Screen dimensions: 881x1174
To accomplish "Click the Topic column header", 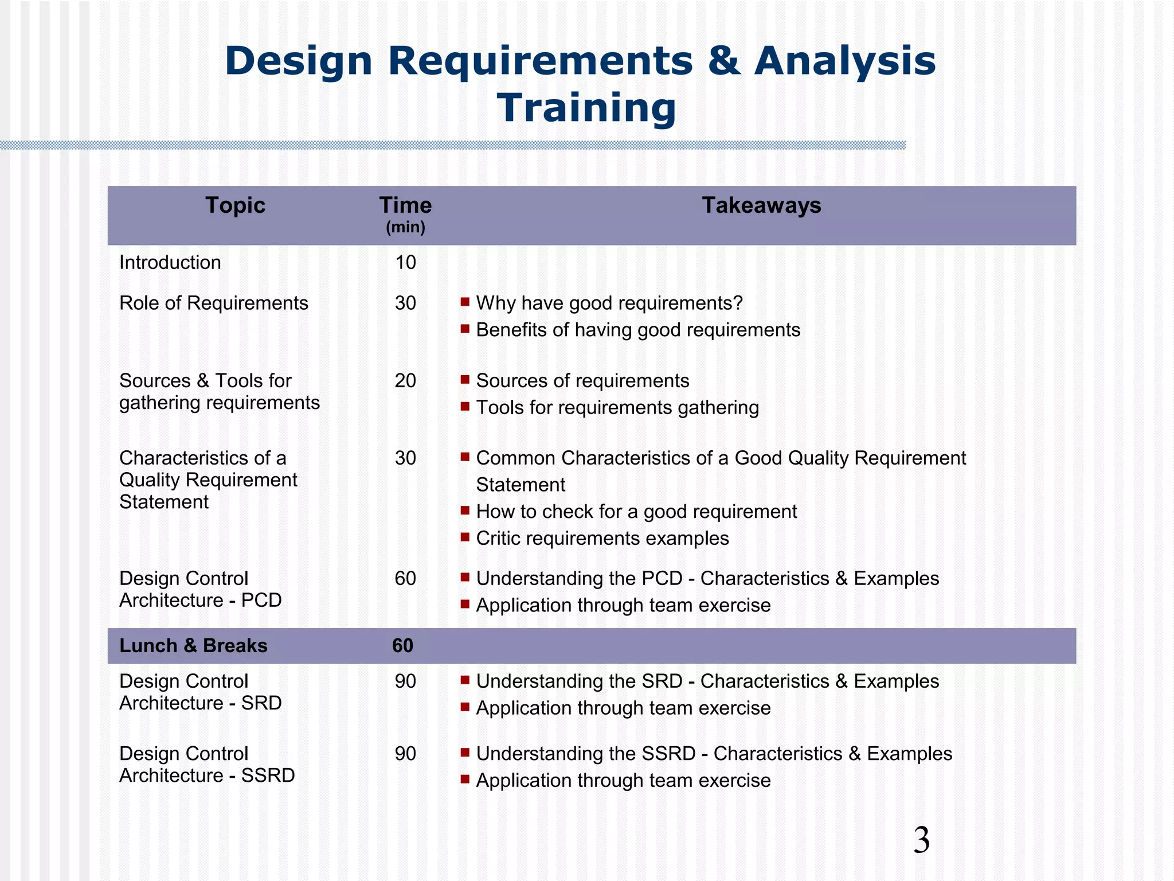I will (x=235, y=205).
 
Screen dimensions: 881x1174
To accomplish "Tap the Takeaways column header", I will (x=761, y=205).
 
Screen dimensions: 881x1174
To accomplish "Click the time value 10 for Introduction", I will (x=405, y=263).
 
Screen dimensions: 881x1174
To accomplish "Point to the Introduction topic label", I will (x=170, y=263).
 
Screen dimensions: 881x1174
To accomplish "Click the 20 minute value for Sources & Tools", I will (x=405, y=381).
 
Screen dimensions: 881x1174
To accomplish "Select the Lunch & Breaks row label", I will (x=193, y=646).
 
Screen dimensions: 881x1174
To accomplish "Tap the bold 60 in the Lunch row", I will (x=402, y=646).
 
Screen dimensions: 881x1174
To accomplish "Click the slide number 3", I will (x=921, y=840).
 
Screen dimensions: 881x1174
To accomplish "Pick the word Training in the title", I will (x=586, y=108).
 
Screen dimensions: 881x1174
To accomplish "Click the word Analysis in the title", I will (x=845, y=61).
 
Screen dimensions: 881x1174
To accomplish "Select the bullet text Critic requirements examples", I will (x=602, y=539).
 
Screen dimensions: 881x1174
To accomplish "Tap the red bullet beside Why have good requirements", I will (x=465, y=302).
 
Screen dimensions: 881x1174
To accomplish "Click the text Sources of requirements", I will (x=582, y=381).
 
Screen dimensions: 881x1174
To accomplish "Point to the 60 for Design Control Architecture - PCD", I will (x=405, y=578).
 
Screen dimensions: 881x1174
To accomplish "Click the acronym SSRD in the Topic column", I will (x=268, y=775).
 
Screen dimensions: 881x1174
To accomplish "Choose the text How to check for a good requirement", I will (x=636, y=512).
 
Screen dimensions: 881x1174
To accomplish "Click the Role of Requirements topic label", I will (x=213, y=303).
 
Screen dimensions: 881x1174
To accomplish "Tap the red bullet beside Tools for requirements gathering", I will (x=465, y=407).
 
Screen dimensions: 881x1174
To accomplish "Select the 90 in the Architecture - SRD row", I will (x=405, y=681).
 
